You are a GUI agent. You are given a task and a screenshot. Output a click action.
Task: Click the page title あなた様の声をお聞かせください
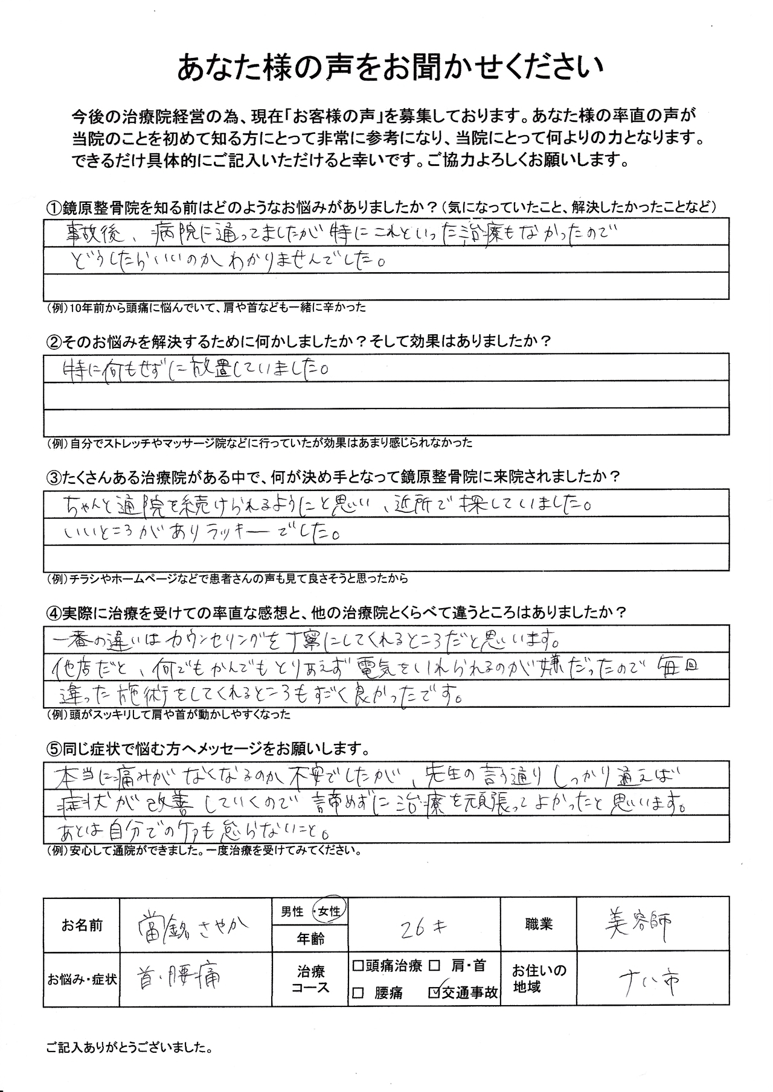coord(390,68)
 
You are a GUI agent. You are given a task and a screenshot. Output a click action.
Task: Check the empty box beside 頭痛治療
coord(358,966)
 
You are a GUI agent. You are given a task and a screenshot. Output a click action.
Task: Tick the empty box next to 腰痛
coord(358,992)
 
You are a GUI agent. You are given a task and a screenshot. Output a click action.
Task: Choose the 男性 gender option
coord(292,912)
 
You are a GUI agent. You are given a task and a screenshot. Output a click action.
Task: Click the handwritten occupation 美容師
coord(638,924)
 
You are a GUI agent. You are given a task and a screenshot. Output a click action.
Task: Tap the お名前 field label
coord(82,925)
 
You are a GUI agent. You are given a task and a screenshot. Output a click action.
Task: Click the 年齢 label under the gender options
coord(310,938)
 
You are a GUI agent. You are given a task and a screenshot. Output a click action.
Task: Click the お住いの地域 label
coord(539,979)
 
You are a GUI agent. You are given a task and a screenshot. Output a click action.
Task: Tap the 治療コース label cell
coord(310,979)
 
